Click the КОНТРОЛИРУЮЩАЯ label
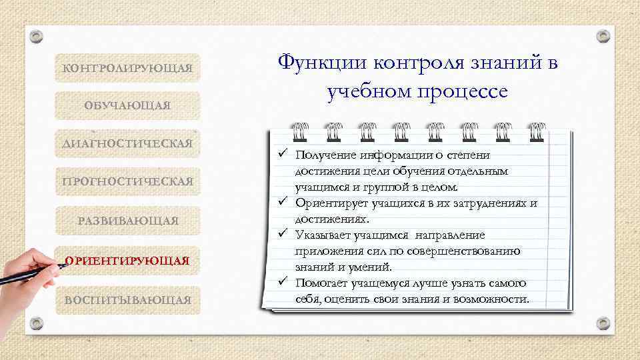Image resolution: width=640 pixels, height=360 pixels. [x=127, y=68]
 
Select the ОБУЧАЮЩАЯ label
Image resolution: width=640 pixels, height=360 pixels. [x=127, y=106]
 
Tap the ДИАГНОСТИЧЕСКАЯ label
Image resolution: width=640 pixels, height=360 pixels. [x=127, y=143]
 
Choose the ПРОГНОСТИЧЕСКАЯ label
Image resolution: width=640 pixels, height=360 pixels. [x=127, y=181]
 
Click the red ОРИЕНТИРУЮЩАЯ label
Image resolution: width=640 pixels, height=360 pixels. [x=127, y=259]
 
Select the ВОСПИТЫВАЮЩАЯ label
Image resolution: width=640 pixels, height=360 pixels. [x=127, y=300]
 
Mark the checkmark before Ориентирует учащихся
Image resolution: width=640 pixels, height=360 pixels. [x=283, y=202]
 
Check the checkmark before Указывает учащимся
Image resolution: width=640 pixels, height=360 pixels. [x=283, y=234]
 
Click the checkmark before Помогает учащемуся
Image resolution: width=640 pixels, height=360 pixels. [x=283, y=282]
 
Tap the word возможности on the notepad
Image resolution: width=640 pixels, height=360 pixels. [x=493, y=299]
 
